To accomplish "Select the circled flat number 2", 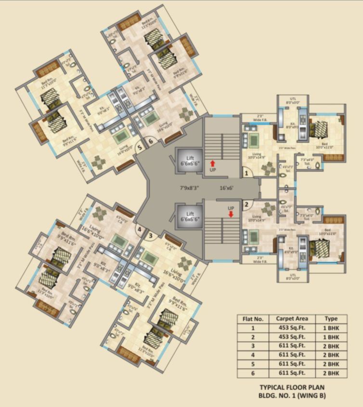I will click(x=246, y=203).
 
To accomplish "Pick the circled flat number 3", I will click(x=150, y=235).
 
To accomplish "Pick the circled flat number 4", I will click(x=140, y=230).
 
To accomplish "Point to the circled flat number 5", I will click(x=140, y=147).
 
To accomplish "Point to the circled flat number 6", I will click(x=150, y=141).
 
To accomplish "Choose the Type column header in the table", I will click(x=332, y=318).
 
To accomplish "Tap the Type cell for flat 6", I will click(x=332, y=373).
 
